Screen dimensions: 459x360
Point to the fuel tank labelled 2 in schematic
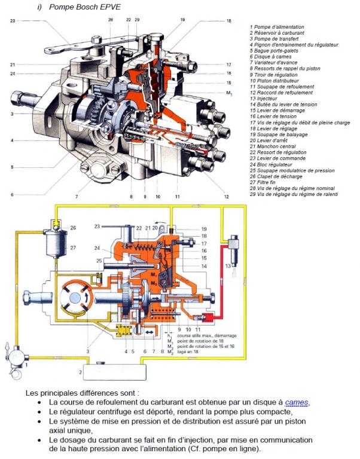click(x=114, y=372)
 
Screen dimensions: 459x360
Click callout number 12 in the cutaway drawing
click(x=226, y=196)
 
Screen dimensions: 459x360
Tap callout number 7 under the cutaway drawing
click(x=76, y=196)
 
